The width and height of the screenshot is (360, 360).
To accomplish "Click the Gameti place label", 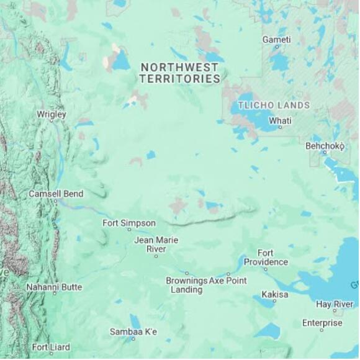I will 276,40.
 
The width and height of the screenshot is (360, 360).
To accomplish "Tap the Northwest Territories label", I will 180,73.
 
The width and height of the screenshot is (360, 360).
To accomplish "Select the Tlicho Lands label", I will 274,106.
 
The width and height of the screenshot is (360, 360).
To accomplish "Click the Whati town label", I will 279,120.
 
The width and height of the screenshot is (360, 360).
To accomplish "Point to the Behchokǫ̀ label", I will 325,146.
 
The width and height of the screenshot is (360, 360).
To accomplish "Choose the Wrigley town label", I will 51,114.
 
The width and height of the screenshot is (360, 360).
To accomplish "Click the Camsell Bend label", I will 56,194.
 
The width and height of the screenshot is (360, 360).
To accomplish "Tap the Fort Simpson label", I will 129,223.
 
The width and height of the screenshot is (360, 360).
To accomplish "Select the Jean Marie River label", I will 156,245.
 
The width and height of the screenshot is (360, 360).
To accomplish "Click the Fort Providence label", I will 266,258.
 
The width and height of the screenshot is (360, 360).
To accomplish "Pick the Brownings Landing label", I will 186,285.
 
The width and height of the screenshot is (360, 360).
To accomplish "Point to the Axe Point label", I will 228,281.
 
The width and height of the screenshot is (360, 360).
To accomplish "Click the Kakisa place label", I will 275,294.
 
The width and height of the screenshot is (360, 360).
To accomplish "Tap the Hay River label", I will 335,304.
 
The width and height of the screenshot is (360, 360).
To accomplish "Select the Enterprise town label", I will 322,323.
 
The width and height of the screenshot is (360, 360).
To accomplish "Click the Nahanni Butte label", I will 54,287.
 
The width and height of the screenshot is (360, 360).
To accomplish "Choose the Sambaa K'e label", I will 133,332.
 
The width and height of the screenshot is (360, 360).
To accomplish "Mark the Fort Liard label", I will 51,348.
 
